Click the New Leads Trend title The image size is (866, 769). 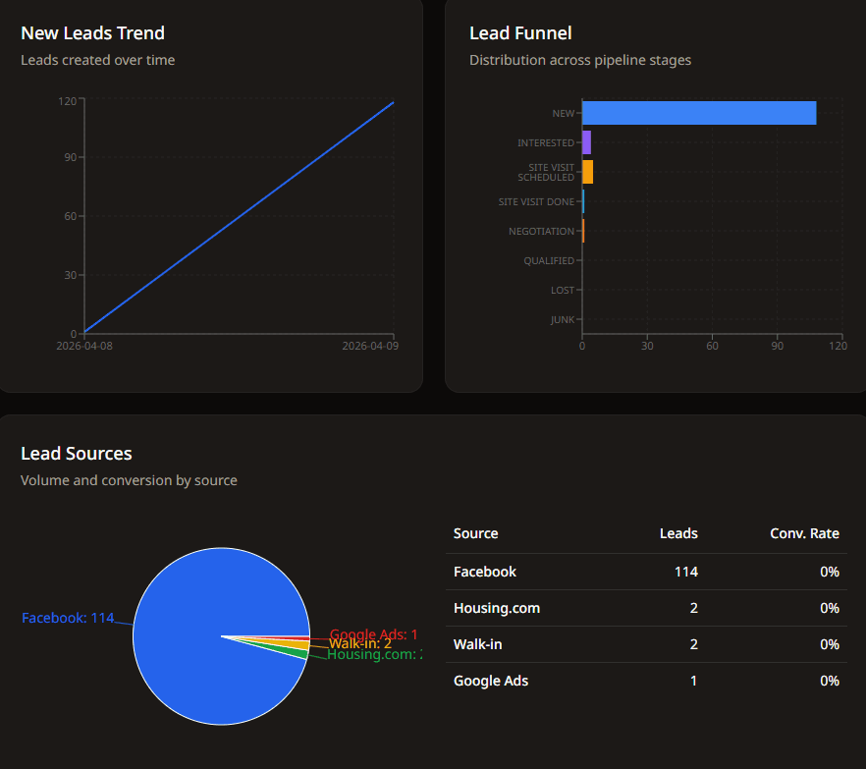92,33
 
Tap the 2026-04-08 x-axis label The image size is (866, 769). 84,346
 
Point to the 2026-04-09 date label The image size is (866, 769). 370,346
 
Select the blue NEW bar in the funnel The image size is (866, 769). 699,113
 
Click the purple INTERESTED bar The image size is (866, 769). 586,142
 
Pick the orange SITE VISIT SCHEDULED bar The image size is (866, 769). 587,172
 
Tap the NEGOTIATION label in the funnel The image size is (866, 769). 541,232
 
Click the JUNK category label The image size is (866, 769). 563,320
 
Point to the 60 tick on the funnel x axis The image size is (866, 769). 712,346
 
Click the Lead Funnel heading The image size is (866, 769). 520,33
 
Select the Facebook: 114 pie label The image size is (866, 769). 68,618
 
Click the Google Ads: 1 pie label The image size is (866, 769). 373,634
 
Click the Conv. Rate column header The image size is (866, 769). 804,533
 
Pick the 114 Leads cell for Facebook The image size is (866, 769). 685,572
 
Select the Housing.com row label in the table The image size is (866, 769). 496,608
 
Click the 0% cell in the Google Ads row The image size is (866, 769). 830,681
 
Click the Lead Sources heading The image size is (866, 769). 77,454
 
